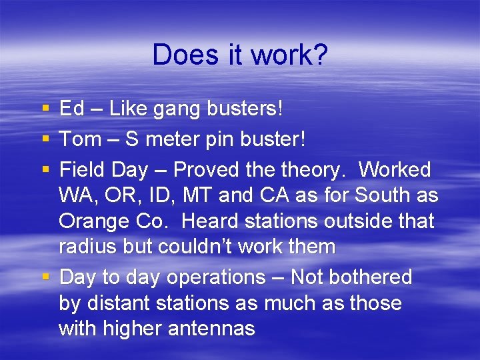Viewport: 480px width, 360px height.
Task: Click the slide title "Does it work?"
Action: (x=240, y=55)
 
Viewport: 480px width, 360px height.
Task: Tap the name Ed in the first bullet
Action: (x=71, y=109)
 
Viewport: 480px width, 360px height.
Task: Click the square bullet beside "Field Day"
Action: (x=45, y=170)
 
